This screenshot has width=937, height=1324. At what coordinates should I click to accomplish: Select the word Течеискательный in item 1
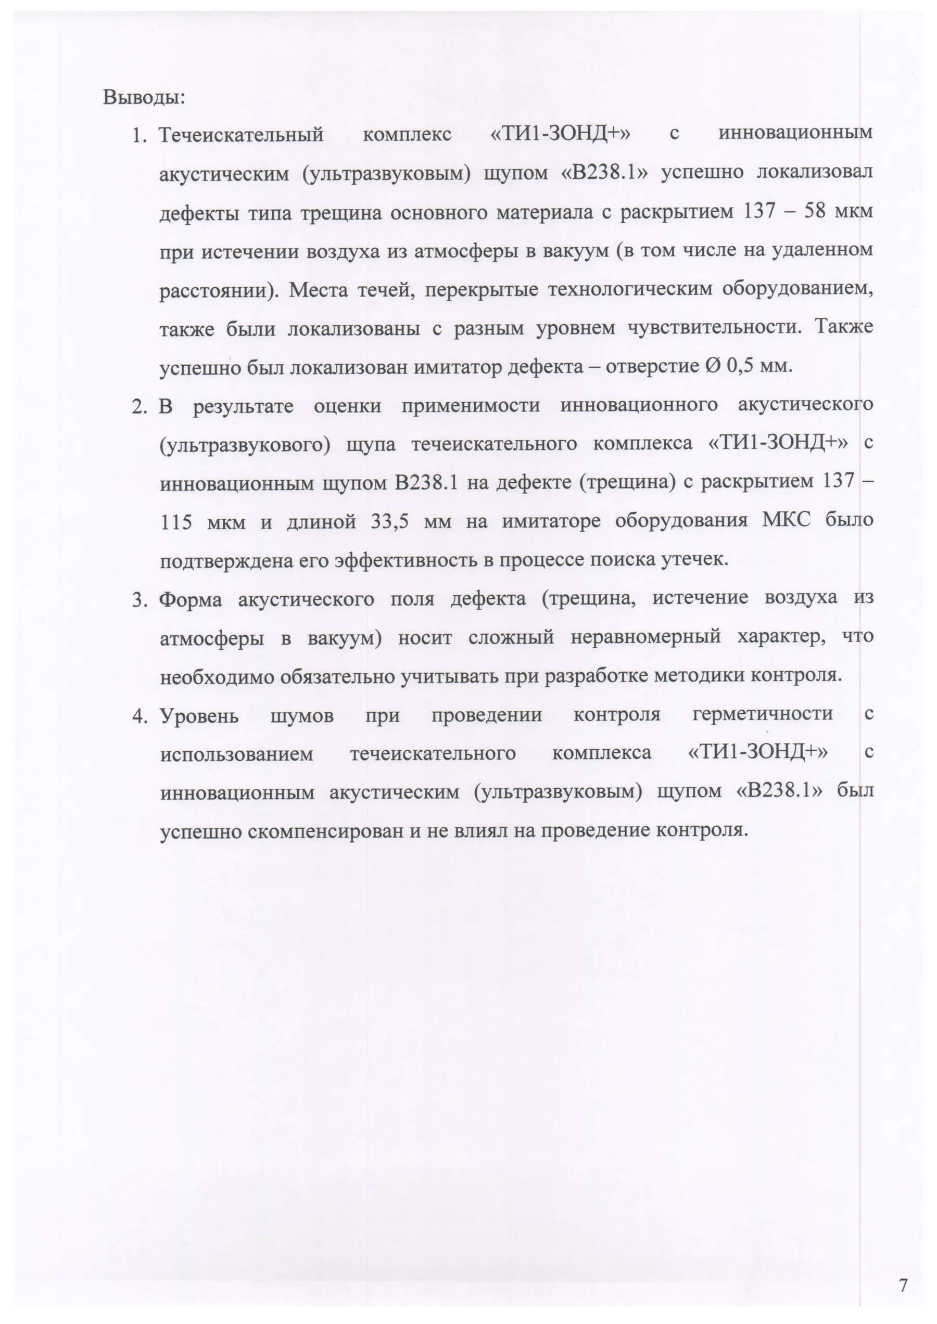[241, 135]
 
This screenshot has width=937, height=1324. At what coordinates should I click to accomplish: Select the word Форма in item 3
[191, 600]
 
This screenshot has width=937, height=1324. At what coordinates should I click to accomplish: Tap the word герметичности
[763, 715]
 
